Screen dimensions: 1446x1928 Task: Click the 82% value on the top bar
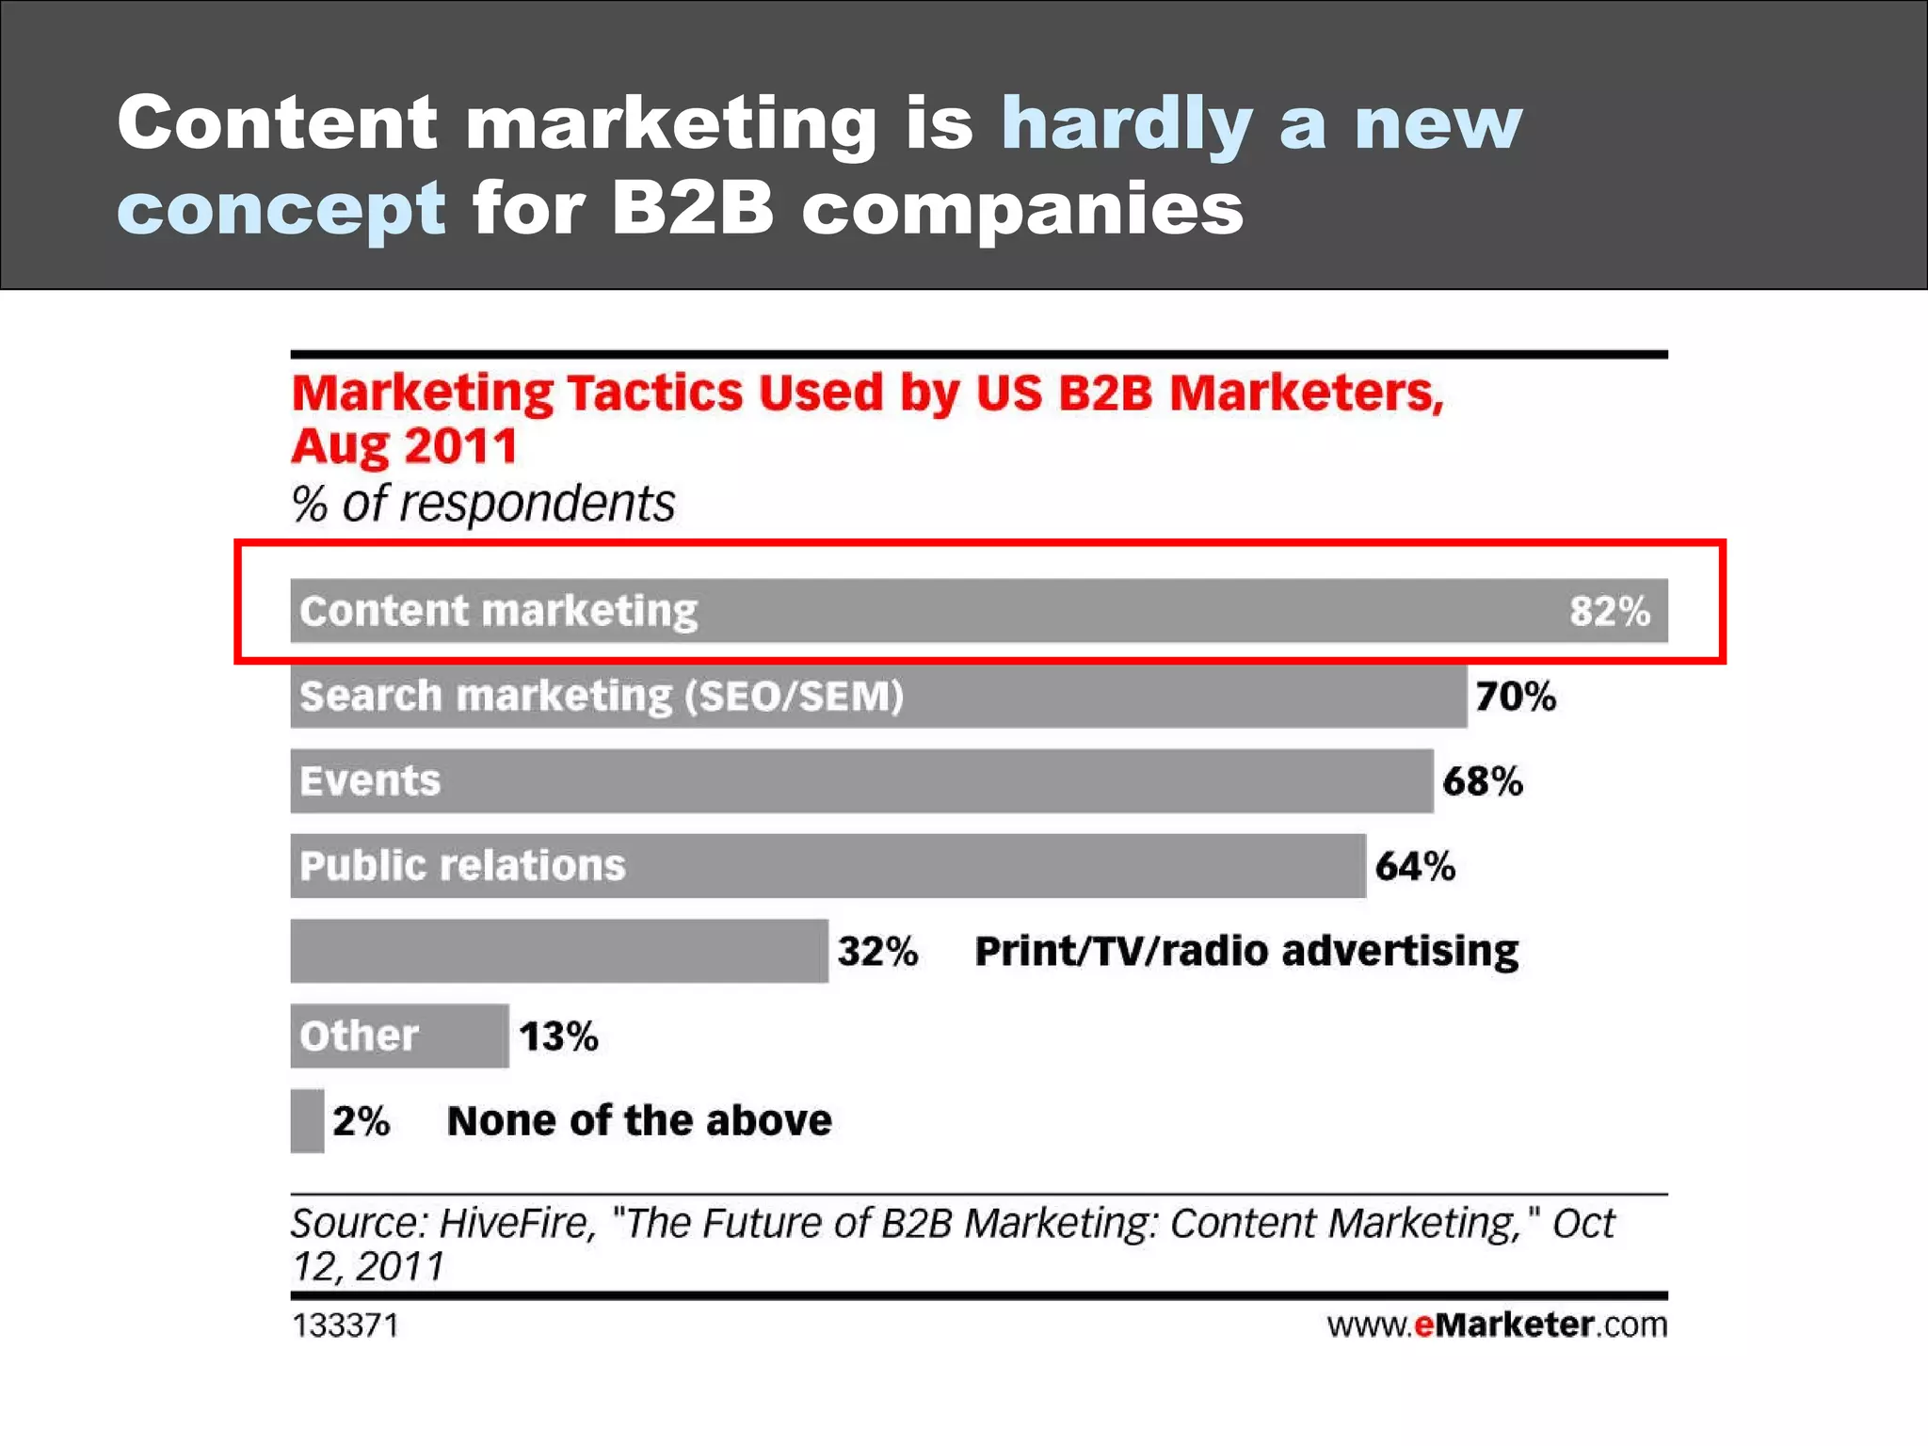click(1609, 611)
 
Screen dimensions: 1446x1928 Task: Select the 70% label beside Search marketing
click(1515, 697)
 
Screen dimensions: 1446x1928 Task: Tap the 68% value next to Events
click(1482, 781)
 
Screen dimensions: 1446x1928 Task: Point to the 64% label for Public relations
click(1415, 866)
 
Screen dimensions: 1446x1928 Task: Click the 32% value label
click(877, 951)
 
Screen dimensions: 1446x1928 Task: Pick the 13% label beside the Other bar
click(558, 1036)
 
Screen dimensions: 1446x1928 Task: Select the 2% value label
click(361, 1121)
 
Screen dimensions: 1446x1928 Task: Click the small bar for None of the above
click(307, 1120)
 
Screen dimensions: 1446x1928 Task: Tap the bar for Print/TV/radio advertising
click(558, 951)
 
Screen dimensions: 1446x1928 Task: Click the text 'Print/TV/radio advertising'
click(1245, 951)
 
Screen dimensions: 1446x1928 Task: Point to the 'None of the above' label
click(639, 1121)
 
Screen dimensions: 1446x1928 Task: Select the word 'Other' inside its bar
click(359, 1036)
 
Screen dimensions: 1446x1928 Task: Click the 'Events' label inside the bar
click(370, 781)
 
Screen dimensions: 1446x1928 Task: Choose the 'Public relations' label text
click(462, 866)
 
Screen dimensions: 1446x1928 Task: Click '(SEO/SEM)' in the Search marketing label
click(794, 697)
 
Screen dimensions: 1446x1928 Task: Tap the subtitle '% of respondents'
click(483, 504)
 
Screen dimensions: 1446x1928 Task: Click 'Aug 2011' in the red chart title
click(404, 446)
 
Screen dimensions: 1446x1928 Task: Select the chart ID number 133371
click(345, 1325)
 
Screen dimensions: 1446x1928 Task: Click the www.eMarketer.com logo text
click(1497, 1325)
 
